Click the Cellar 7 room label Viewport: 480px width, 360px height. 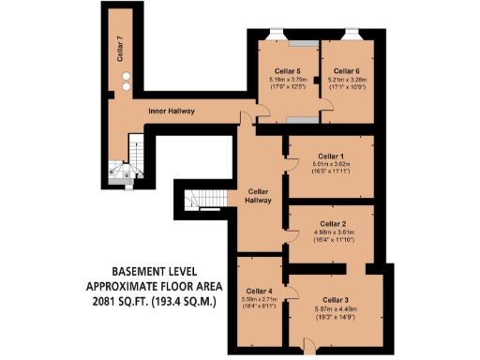point(119,47)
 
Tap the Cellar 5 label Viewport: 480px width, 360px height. point(287,70)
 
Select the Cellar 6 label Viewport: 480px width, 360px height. point(346,70)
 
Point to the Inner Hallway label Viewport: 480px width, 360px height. point(172,112)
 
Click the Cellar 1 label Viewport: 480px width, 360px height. point(331,156)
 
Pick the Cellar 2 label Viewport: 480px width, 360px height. point(332,223)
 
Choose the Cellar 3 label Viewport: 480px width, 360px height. point(336,297)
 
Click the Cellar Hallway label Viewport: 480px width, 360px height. point(258,194)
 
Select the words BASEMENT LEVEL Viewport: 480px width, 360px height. point(150,270)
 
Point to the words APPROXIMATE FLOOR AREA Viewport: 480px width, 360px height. point(151,285)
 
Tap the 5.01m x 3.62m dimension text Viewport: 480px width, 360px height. point(331,165)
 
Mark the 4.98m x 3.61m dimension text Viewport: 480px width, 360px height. point(332,232)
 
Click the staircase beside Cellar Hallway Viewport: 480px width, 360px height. point(204,200)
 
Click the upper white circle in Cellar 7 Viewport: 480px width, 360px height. point(125,77)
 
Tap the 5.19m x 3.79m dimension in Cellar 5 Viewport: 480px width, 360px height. point(287,80)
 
